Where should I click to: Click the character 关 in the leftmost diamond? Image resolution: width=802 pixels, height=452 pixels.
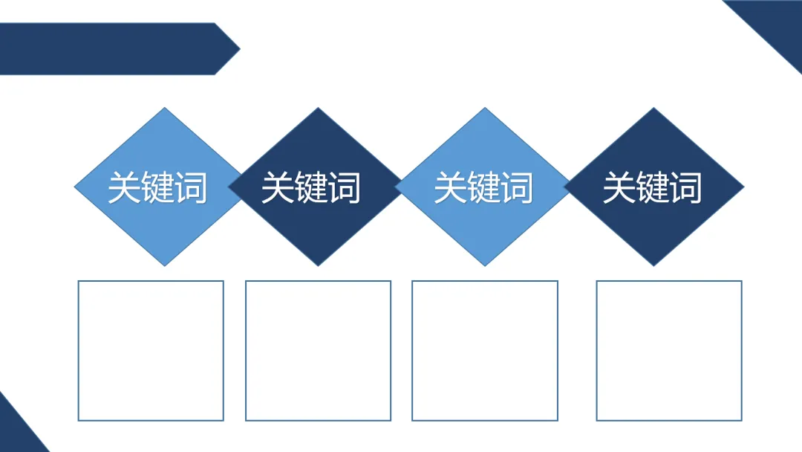(x=124, y=187)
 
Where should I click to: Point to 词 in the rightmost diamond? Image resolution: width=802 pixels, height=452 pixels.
(x=685, y=187)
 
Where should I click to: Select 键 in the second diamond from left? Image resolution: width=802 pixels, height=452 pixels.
(x=310, y=187)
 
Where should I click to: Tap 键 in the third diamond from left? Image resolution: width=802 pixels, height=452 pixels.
(x=483, y=187)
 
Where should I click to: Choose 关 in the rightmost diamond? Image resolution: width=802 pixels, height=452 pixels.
(x=618, y=187)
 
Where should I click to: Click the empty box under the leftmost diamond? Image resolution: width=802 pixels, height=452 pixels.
(x=151, y=350)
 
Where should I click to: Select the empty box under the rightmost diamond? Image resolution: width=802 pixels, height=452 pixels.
(x=669, y=350)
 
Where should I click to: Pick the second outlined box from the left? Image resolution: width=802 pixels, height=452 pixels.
(x=318, y=350)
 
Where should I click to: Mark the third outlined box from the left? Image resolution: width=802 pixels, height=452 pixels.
(x=484, y=350)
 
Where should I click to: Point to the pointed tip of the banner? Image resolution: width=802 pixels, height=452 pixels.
(x=237, y=49)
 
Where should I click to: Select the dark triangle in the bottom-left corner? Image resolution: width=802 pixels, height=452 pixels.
(x=15, y=431)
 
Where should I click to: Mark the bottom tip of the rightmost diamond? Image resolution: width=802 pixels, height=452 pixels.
(x=653, y=264)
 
